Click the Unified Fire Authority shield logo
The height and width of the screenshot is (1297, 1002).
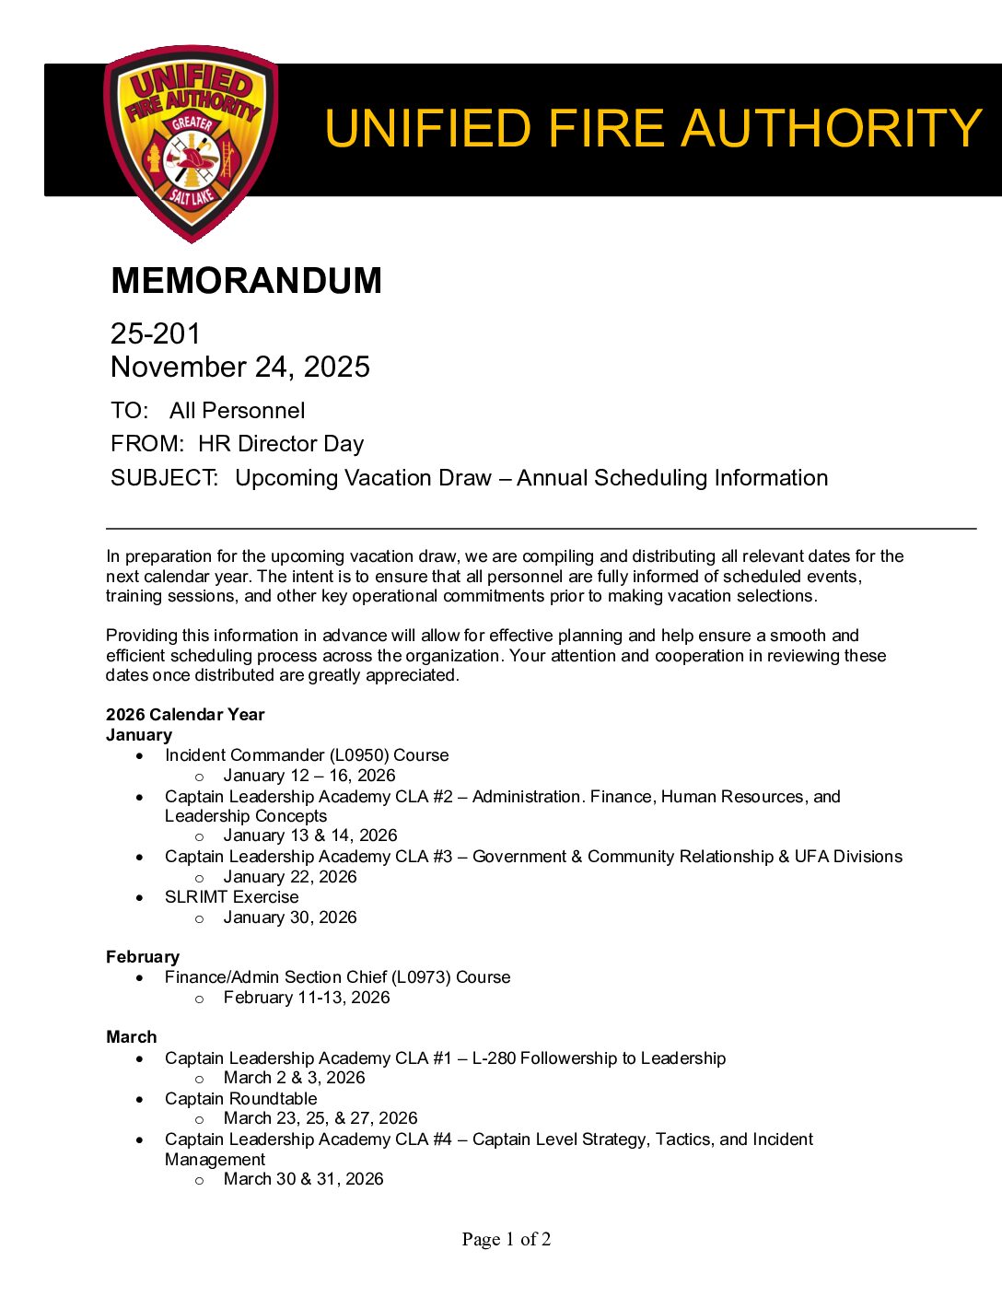(x=192, y=143)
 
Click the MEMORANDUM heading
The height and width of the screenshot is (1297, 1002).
(x=246, y=281)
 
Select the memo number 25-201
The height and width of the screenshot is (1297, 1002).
(x=155, y=333)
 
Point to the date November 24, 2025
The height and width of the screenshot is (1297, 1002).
(x=239, y=367)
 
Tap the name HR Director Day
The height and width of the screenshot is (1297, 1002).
(x=281, y=444)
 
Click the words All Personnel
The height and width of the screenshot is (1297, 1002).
(x=237, y=411)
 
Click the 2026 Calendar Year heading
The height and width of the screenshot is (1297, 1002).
(x=185, y=715)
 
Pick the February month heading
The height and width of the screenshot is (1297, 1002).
(x=143, y=957)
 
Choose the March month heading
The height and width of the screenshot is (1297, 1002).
(x=132, y=1037)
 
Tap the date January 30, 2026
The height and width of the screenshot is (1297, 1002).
(x=290, y=917)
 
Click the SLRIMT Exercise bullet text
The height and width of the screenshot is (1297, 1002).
(x=231, y=897)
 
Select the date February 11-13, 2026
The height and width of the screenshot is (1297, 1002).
(x=307, y=998)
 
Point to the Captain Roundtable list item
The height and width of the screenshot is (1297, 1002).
(x=240, y=1099)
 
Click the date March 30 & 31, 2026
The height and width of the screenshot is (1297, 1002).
(x=303, y=1179)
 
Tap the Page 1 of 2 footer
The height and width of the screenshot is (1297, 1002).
(x=507, y=1240)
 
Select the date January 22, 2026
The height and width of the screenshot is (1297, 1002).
(x=290, y=877)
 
